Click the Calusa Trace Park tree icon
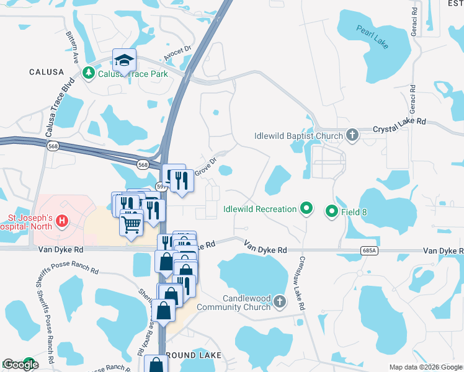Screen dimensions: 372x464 (x=89, y=74)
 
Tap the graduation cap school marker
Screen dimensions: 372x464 (x=124, y=61)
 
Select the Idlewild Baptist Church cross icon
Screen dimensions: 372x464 (x=353, y=136)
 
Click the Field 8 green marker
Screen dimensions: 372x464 (x=331, y=212)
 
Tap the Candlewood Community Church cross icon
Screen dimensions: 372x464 (x=280, y=302)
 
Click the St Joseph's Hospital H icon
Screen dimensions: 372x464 (x=61, y=220)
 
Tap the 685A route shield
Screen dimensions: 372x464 (x=368, y=250)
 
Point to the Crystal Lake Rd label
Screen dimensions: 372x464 (x=400, y=130)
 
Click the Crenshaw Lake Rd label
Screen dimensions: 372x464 (x=301, y=283)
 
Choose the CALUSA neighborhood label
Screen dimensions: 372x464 (x=47, y=73)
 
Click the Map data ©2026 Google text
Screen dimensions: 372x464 (x=426, y=367)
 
